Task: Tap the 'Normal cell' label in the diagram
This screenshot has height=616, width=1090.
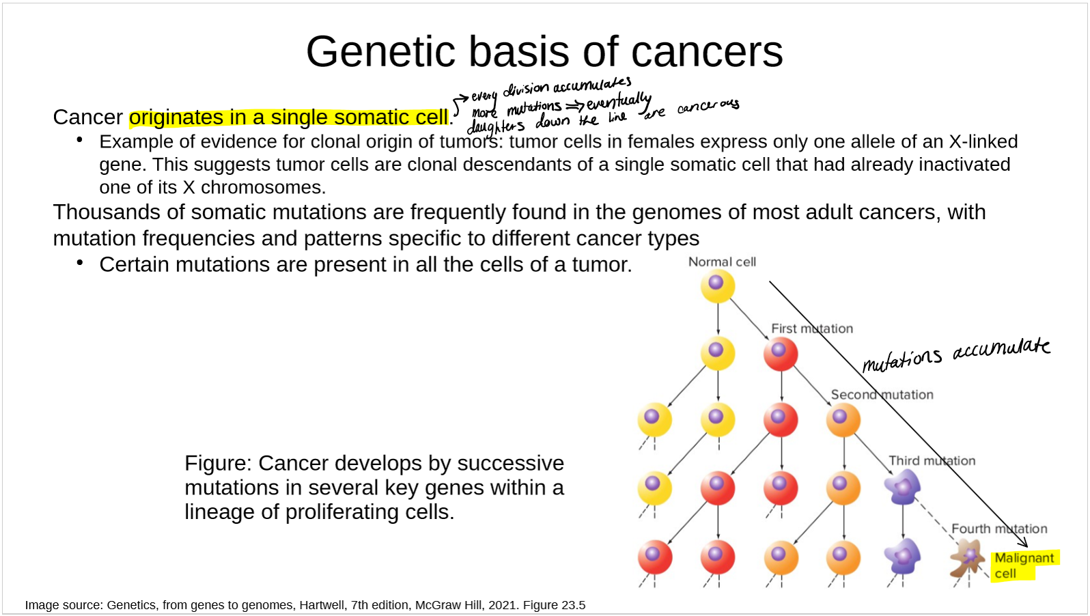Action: (722, 262)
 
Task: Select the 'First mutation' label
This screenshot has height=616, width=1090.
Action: (812, 328)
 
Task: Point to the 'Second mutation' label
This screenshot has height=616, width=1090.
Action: (882, 395)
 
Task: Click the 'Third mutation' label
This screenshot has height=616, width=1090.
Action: (932, 461)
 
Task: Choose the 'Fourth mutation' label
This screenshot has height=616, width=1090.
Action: (999, 529)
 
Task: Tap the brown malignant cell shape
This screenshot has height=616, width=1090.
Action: (967, 558)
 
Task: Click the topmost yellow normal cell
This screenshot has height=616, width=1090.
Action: (718, 286)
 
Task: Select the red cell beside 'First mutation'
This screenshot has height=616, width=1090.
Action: (781, 354)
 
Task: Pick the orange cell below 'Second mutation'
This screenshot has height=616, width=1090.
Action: (843, 420)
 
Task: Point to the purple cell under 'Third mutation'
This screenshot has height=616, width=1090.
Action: (903, 487)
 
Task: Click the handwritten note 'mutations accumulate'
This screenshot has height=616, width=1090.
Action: (956, 354)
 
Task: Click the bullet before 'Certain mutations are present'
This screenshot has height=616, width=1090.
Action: (80, 263)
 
